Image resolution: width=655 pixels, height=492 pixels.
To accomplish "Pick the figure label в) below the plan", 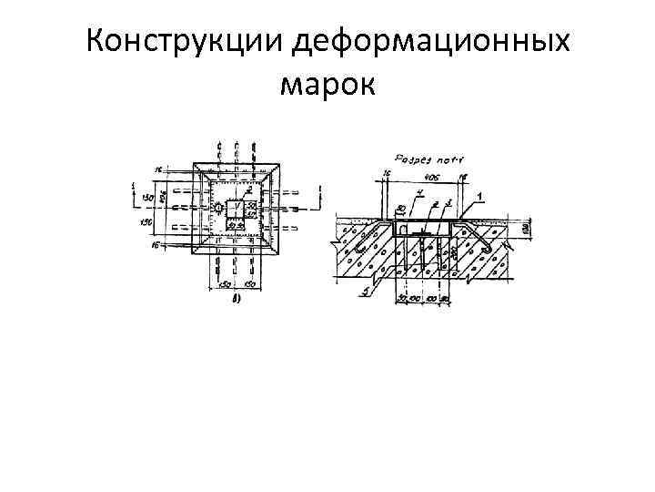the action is (x=235, y=298).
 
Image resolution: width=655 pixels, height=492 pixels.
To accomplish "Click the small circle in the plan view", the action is (x=219, y=209).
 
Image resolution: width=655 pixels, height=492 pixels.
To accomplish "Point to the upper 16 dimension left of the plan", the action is (x=156, y=169).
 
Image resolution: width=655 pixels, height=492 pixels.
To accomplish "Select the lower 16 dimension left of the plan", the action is (x=156, y=246).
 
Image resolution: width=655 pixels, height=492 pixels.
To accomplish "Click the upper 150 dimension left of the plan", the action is (x=145, y=199).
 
